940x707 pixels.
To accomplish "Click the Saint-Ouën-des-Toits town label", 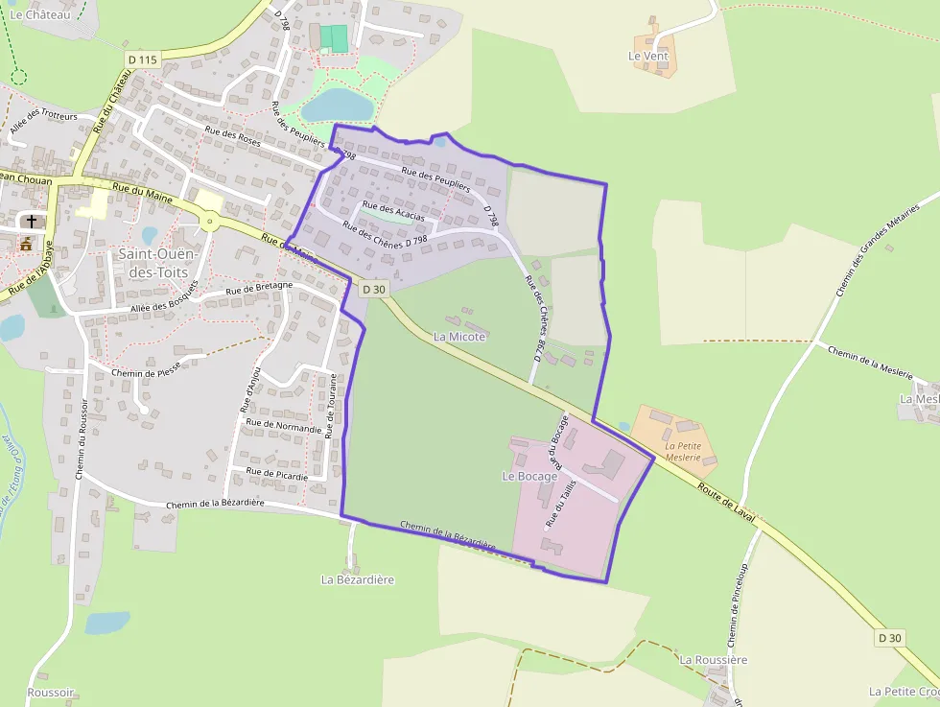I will [x=156, y=262].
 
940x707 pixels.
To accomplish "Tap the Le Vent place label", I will [x=647, y=57].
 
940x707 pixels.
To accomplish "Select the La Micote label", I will [x=459, y=337].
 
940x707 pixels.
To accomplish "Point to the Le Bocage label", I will [x=529, y=476].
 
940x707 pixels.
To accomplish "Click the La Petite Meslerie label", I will [x=684, y=452].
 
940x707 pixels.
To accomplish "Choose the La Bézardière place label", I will [x=358, y=579].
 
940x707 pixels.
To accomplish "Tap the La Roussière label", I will [x=713, y=660].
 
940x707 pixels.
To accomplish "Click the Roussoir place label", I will [x=51, y=693].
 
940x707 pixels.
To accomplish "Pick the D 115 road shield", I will [x=142, y=59].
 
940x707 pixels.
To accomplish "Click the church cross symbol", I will [x=32, y=222].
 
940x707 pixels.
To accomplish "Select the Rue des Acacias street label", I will [x=393, y=211].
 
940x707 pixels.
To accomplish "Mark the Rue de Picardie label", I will [x=277, y=474].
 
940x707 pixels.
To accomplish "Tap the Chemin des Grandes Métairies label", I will [x=878, y=248].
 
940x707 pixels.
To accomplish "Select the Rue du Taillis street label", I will [x=560, y=504].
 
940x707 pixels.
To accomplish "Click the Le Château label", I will [x=41, y=14].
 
